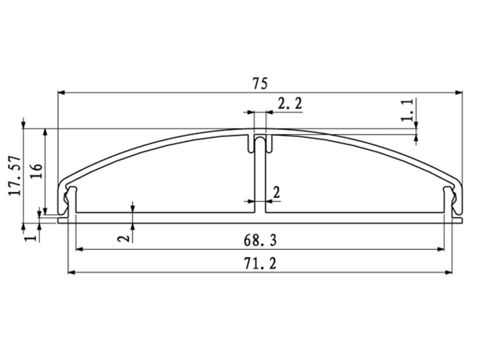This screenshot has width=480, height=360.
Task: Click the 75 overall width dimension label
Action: click(x=260, y=83)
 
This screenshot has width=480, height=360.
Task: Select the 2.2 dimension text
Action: click(x=290, y=103)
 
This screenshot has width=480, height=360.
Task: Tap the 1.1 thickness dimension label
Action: click(x=408, y=110)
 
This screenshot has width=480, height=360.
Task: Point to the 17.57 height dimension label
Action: click(x=15, y=176)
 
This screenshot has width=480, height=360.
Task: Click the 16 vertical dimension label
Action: click(x=36, y=172)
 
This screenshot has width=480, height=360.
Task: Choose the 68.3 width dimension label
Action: click(x=260, y=240)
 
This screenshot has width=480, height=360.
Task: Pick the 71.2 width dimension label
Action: click(x=260, y=263)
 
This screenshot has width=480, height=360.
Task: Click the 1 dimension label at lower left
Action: click(x=31, y=237)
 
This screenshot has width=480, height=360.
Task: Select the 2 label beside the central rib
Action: click(x=277, y=193)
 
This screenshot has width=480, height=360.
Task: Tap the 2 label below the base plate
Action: click(x=124, y=238)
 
